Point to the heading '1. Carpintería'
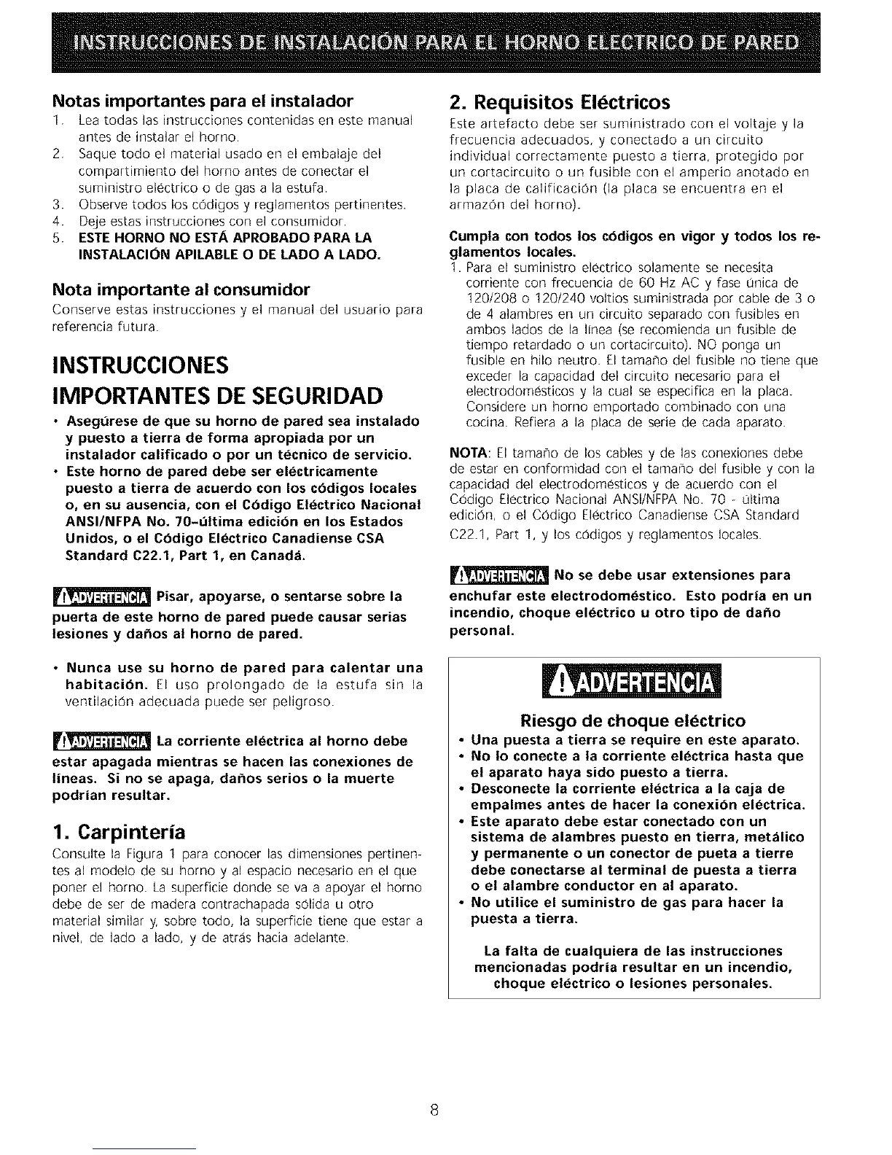click(x=120, y=832)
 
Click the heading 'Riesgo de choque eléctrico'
click(x=633, y=721)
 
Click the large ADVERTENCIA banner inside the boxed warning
click(x=633, y=683)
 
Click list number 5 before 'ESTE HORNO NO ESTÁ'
click(x=57, y=238)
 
